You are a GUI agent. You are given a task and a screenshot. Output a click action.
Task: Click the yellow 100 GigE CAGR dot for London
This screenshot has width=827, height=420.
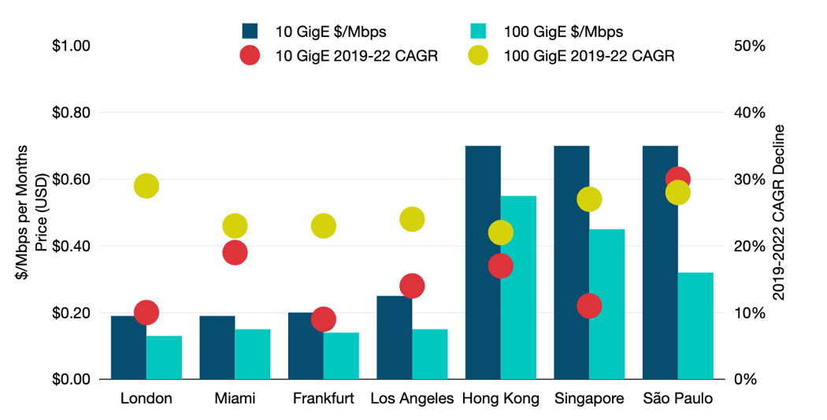click(x=146, y=186)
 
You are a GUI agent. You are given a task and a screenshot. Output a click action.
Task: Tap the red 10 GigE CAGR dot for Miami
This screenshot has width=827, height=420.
click(x=235, y=253)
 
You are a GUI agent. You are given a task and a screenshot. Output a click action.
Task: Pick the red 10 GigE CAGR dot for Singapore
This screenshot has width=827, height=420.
click(x=589, y=306)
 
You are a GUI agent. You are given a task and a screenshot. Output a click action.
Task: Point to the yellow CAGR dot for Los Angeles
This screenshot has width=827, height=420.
click(x=412, y=219)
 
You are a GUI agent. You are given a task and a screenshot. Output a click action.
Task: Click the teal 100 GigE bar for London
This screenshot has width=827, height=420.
click(x=164, y=358)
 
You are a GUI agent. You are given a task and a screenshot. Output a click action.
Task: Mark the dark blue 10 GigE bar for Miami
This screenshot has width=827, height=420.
click(x=217, y=348)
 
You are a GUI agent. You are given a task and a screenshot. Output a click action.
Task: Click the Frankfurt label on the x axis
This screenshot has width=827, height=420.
click(x=324, y=399)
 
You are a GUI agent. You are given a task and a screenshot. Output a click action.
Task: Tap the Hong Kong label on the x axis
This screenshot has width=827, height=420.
click(x=501, y=399)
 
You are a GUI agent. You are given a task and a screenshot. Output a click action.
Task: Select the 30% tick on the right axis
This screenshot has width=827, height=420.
click(x=749, y=179)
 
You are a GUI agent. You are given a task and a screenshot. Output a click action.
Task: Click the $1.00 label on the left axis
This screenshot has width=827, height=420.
click(x=71, y=46)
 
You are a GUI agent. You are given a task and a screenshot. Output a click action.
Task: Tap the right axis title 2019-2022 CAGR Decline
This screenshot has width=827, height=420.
click(x=779, y=213)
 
